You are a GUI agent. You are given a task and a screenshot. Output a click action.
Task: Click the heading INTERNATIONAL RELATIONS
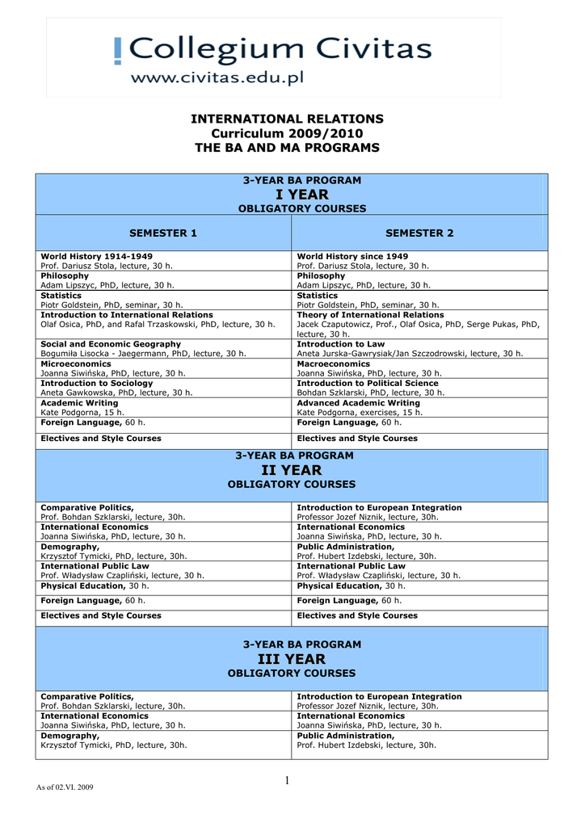pos(287,119)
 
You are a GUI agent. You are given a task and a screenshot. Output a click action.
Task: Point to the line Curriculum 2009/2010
pos(287,133)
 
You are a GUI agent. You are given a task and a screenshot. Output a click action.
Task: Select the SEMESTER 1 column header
pos(163,233)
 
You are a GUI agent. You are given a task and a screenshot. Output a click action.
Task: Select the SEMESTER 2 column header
pos(419,233)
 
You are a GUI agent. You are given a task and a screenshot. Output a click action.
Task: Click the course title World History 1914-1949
pos(96,256)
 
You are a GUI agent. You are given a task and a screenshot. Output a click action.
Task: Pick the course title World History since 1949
pos(352,256)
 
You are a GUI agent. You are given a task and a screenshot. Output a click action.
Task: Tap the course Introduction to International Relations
pos(127,314)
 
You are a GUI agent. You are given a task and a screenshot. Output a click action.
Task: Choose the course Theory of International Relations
pos(370,314)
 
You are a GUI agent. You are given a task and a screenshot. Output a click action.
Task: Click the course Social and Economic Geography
pos(111,344)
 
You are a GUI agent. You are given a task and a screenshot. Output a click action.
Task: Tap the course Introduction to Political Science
pos(368,383)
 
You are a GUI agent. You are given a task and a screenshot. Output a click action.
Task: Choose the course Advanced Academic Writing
pos(359,402)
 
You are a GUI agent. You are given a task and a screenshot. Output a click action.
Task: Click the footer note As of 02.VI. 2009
pos(65,787)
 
